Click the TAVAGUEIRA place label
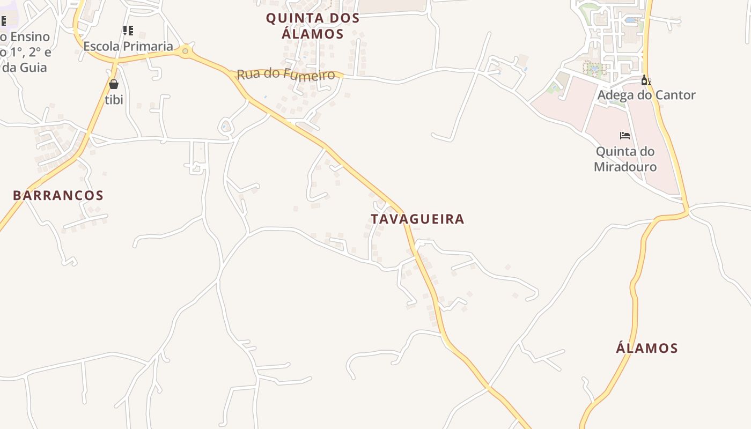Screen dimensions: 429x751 pyautogui.click(x=417, y=219)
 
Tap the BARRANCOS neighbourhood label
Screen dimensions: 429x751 pyautogui.click(x=58, y=195)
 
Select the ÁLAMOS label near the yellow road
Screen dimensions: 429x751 pyautogui.click(x=646, y=348)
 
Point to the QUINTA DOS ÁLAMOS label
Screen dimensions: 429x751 pyautogui.click(x=313, y=26)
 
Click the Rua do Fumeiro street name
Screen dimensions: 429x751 pyautogui.click(x=286, y=74)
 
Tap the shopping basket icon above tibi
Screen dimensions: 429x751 pyautogui.click(x=114, y=84)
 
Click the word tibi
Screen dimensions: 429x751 pyautogui.click(x=114, y=99)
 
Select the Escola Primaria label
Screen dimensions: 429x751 pyautogui.click(x=128, y=46)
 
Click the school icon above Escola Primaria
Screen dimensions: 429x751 pyautogui.click(x=128, y=30)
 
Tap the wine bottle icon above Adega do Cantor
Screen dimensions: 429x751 pyautogui.click(x=646, y=80)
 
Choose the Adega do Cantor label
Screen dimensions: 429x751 pyautogui.click(x=646, y=95)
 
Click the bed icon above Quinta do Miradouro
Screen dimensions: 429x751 pyautogui.click(x=625, y=136)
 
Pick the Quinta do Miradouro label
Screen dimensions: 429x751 pyautogui.click(x=625, y=159)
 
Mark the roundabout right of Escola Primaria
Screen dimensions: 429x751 pyautogui.click(x=186, y=51)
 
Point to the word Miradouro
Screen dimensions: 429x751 pyautogui.click(x=625, y=167)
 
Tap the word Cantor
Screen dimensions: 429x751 pyautogui.click(x=674, y=95)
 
